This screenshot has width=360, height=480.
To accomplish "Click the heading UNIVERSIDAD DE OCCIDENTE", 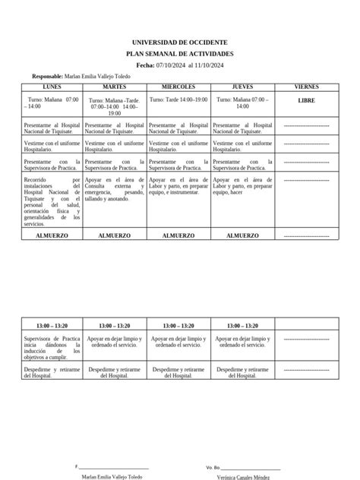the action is coord(179,43).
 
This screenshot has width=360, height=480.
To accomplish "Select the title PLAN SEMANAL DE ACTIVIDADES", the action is coord(179,54).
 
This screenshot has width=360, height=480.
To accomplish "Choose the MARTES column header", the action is coord(115,87).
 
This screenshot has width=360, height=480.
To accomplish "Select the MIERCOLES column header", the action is coord(178,87).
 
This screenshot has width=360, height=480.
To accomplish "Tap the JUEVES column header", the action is coord(242,87).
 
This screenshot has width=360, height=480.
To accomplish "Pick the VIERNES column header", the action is coord(307,87).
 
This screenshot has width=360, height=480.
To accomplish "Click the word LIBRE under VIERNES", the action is coord(307,99).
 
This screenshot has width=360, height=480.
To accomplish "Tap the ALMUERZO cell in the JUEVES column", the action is coord(242,235).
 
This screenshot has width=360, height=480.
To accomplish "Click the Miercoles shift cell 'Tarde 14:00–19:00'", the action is coord(178,99).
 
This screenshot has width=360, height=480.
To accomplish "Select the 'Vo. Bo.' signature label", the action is coord(213,466).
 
